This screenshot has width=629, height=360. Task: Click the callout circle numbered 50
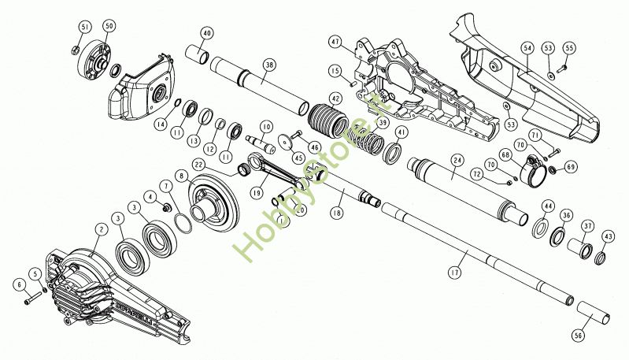coord(109,26)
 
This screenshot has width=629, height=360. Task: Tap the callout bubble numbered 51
coord(85,28)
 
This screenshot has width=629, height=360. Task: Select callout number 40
coord(207,34)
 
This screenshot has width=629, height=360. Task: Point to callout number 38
coord(270,66)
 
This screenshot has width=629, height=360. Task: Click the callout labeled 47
coord(335,41)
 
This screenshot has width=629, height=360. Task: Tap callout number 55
coord(569,48)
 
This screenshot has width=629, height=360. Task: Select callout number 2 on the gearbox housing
coord(101,230)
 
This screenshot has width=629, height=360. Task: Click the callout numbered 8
coord(182,176)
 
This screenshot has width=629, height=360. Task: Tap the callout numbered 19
coord(257,191)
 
